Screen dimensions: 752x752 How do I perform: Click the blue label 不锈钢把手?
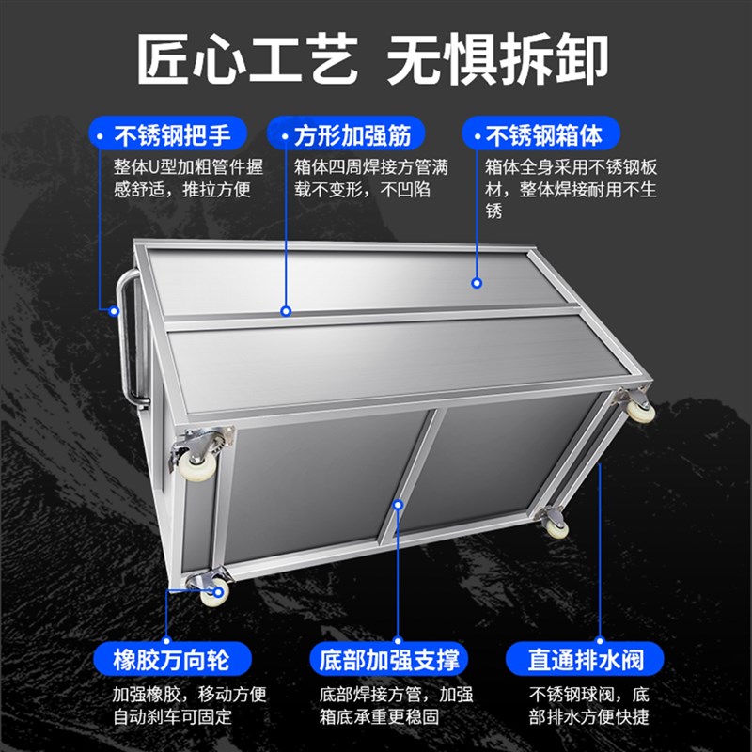coord(170,134)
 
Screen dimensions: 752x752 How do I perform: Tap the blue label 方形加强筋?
coord(348,134)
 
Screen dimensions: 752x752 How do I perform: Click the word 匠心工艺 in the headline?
coord(246,58)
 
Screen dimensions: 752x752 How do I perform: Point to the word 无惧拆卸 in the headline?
coord(498,58)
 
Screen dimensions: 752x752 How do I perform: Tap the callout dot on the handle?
coord(116,309)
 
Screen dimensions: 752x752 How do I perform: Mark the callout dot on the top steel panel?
coord(478,282)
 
